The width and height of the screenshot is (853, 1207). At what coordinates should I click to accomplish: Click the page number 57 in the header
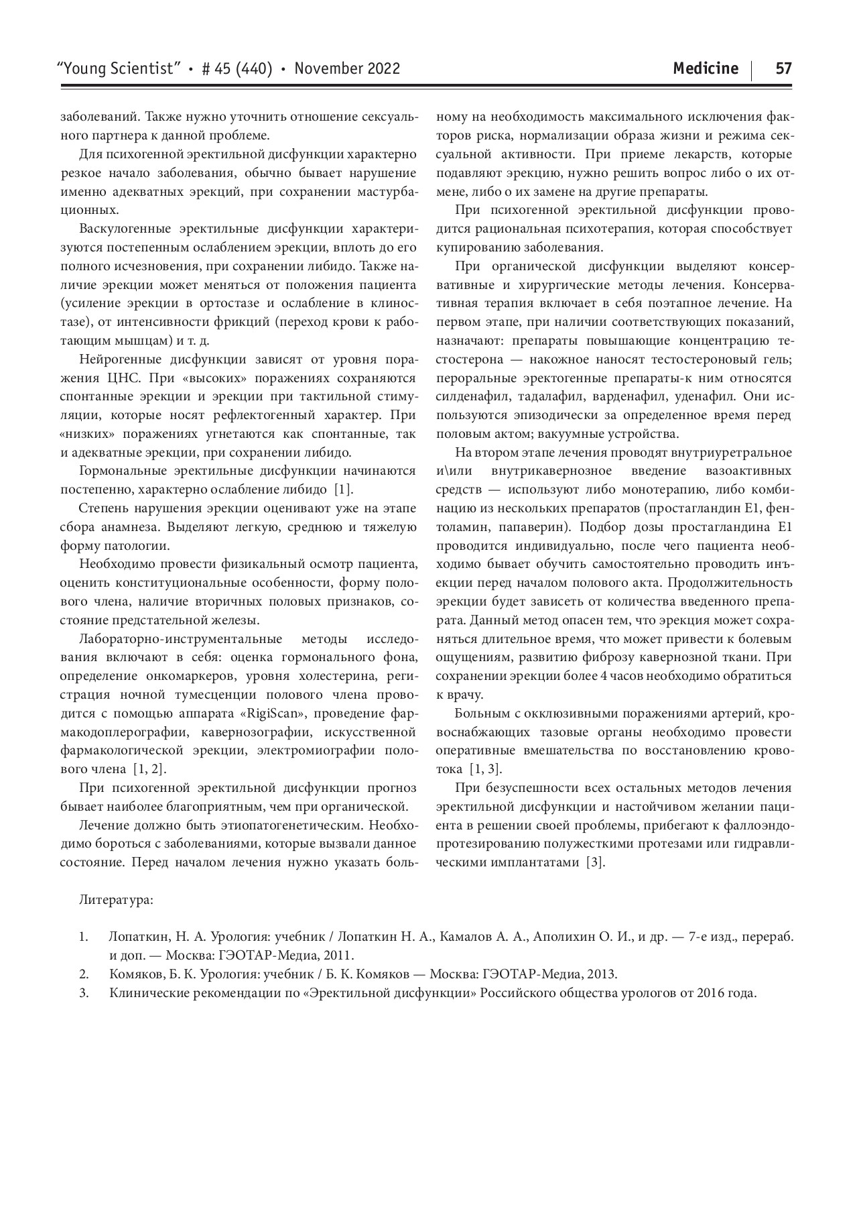pyautogui.click(x=783, y=68)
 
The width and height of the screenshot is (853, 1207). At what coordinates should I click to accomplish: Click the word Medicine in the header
pyautogui.click(x=706, y=68)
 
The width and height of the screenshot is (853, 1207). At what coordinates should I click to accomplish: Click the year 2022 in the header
pyautogui.click(x=382, y=68)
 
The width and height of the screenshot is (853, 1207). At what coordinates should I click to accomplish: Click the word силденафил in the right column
pyautogui.click(x=470, y=397)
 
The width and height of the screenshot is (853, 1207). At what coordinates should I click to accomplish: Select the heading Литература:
pyautogui.click(x=116, y=899)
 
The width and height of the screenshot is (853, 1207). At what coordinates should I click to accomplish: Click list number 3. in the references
pyautogui.click(x=84, y=993)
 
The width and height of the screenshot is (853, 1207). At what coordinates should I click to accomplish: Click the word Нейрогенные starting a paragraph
pyautogui.click(x=115, y=359)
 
